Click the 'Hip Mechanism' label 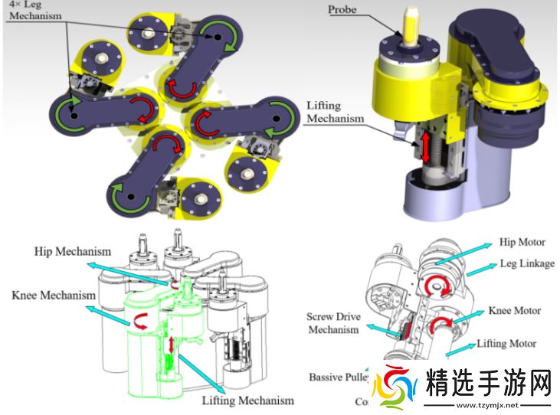[73, 251]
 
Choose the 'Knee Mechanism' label [48, 295]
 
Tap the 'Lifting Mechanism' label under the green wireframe [247, 400]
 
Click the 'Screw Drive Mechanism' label [332, 323]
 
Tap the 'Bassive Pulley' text [338, 377]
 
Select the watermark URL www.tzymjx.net [486, 404]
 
